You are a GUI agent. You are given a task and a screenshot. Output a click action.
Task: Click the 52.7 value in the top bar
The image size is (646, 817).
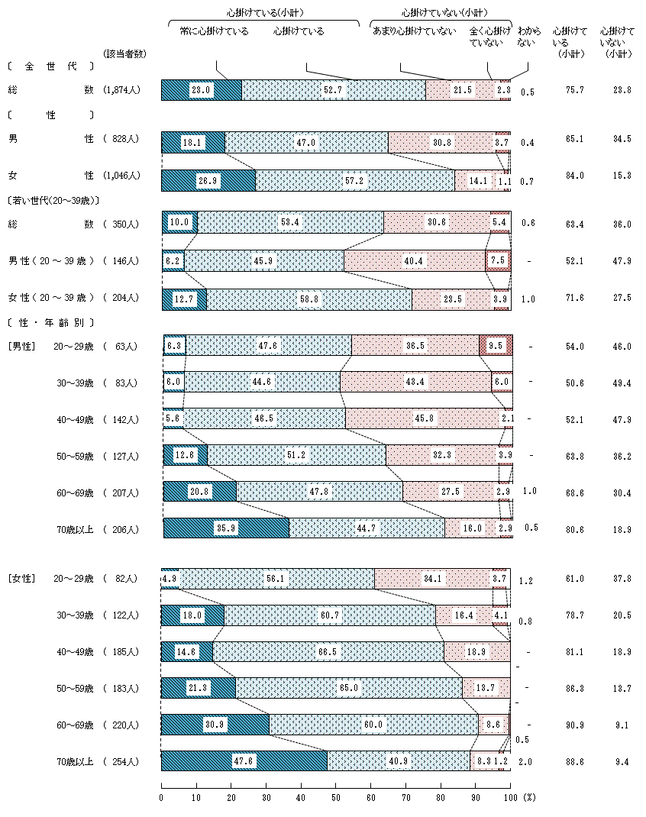[x=332, y=90]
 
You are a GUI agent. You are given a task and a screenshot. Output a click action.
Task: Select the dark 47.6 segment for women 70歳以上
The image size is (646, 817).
[x=244, y=761]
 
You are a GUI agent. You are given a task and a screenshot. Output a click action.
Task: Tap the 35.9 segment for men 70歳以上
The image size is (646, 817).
[x=225, y=528]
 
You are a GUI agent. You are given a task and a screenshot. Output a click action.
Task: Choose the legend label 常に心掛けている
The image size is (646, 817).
[x=219, y=31]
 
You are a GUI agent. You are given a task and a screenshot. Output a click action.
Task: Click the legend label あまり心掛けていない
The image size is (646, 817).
[x=414, y=31]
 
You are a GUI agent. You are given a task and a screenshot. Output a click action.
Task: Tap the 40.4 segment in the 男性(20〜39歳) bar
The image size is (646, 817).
[x=414, y=261]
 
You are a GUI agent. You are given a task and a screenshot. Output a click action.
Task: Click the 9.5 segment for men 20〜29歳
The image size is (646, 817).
[x=496, y=346]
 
